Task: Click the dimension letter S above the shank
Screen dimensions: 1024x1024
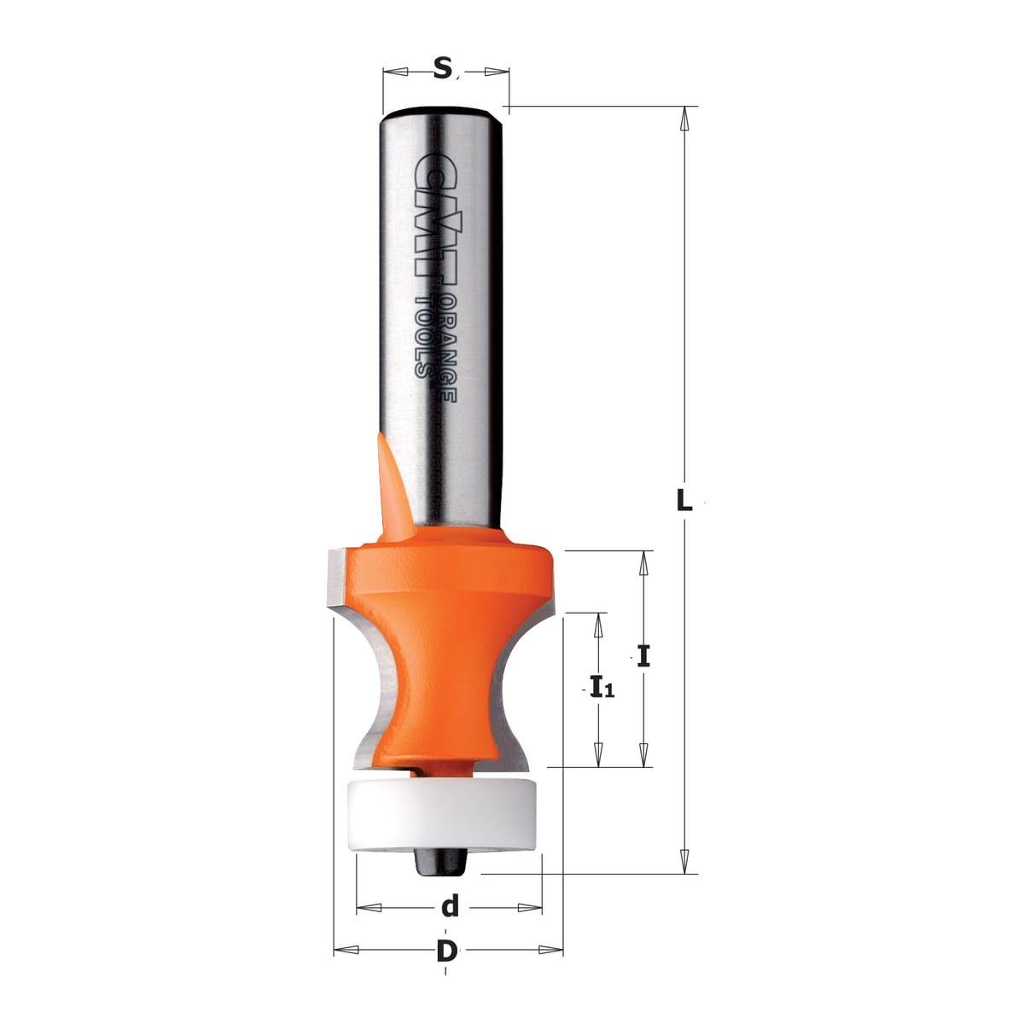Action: coord(442,68)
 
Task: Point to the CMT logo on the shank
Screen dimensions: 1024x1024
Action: coord(428,213)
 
